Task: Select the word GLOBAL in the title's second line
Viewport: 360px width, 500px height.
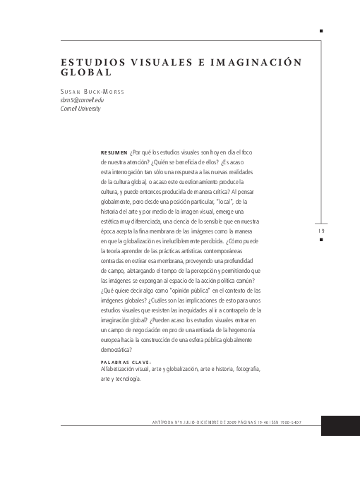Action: tap(87, 72)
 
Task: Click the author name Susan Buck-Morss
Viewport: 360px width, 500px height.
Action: tap(92, 92)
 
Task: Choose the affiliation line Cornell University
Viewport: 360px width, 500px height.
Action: tap(80, 109)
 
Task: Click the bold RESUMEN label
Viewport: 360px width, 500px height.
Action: tap(114, 152)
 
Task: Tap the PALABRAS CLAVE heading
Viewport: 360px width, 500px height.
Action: tap(127, 362)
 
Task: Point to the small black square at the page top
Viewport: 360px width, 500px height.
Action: tap(321, 31)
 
